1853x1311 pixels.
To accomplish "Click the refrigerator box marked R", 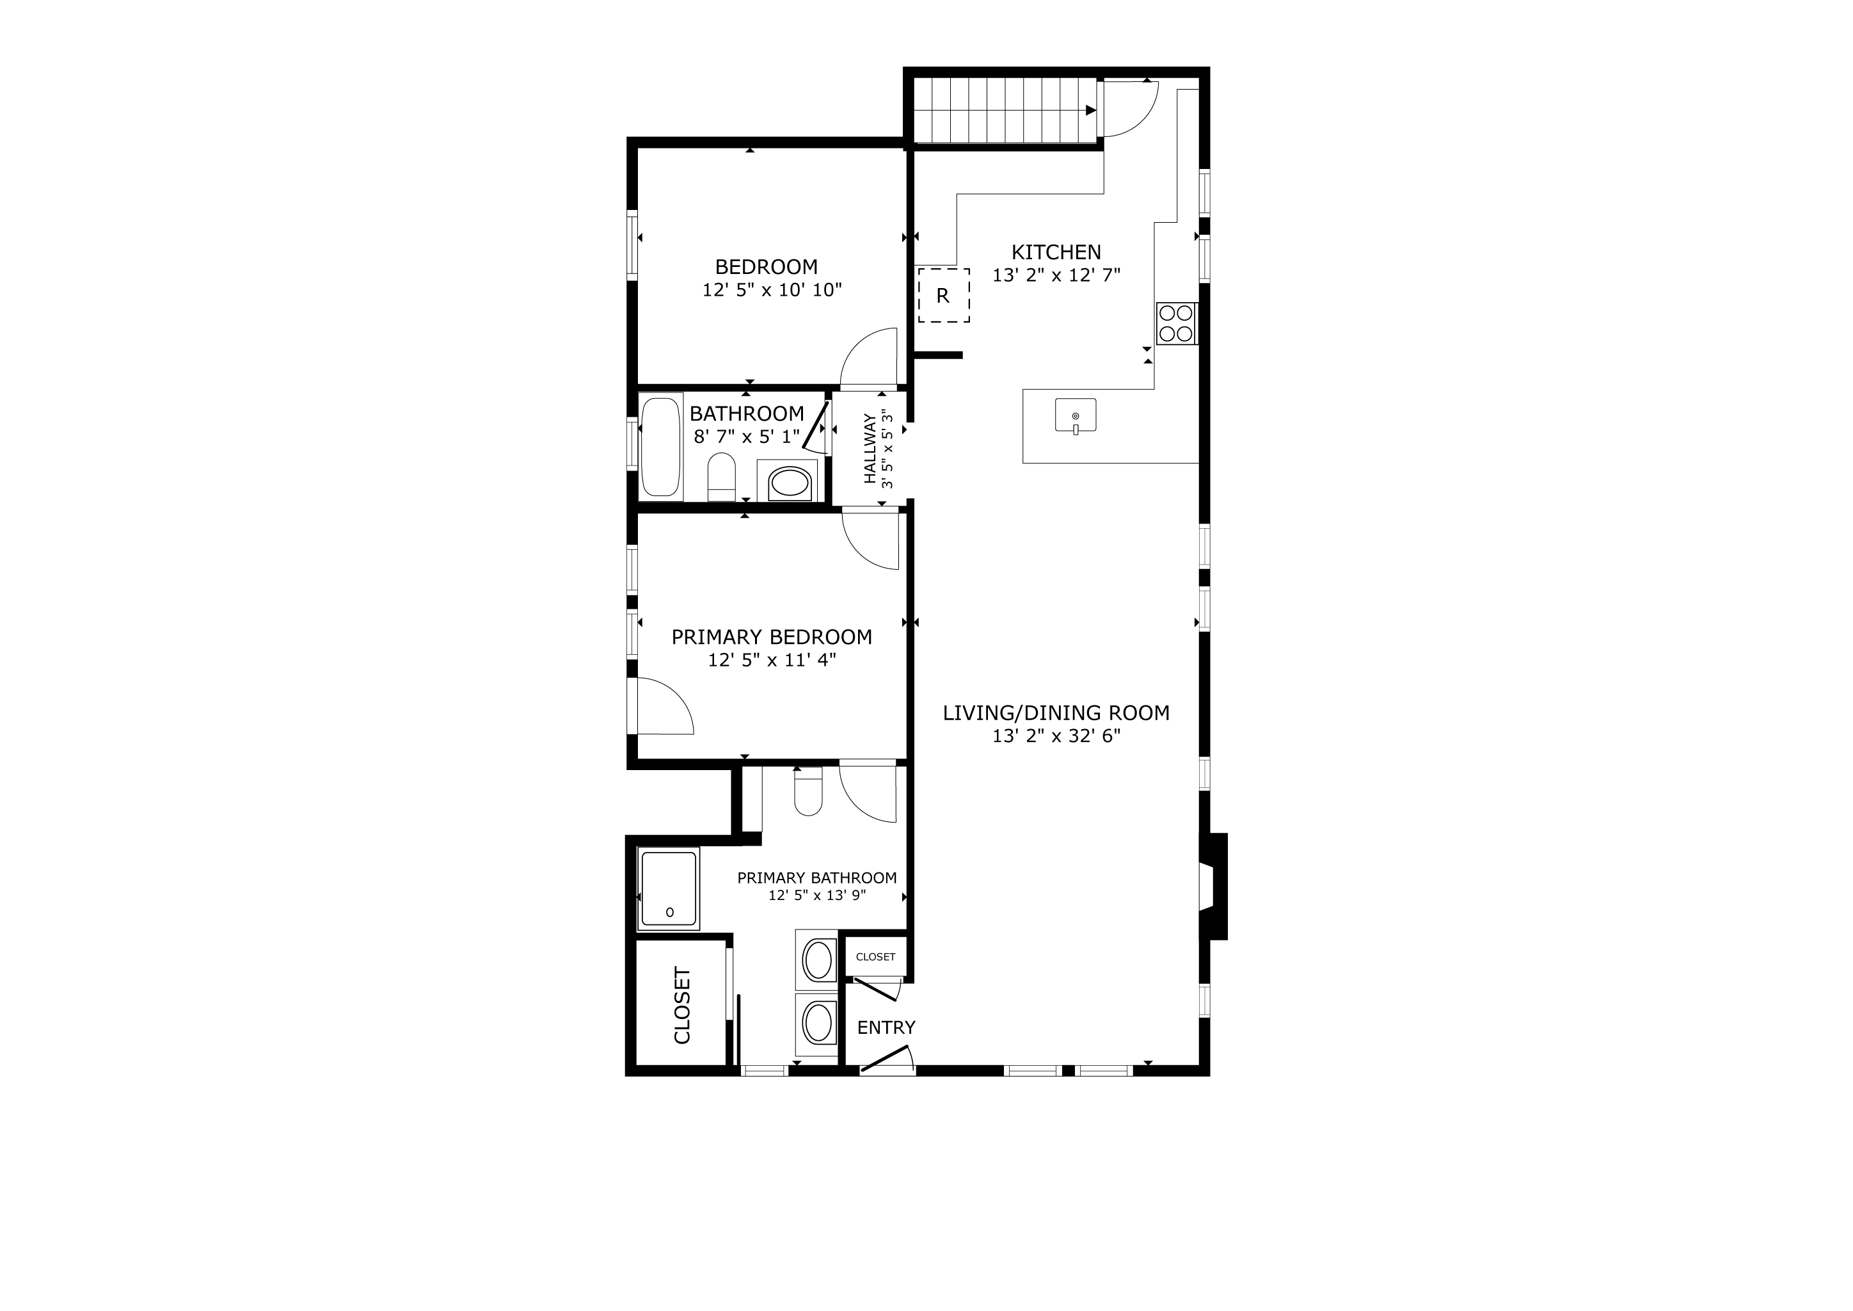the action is [x=943, y=296].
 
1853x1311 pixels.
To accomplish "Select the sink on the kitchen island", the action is [x=1076, y=415].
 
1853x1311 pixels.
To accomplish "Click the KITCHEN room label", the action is [x=1056, y=252].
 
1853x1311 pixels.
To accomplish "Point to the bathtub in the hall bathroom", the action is [x=661, y=446].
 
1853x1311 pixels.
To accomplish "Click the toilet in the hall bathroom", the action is [x=722, y=477].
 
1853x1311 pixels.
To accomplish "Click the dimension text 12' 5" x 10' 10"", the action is [x=772, y=290].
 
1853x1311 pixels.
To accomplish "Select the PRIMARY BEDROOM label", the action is [x=772, y=637].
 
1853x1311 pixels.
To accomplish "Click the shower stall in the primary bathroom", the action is [x=668, y=888].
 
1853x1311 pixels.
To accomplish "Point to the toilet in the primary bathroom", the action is [x=808, y=791].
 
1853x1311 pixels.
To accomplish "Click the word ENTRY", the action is [x=886, y=1027].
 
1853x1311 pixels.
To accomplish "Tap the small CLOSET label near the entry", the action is [x=876, y=956].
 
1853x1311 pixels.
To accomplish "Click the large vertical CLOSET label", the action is [x=682, y=1006].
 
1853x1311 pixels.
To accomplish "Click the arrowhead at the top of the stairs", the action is [x=1091, y=111].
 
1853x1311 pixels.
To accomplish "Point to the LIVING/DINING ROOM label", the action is [x=1056, y=713].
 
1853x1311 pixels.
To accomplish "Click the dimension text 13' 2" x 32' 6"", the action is [x=1056, y=736].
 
